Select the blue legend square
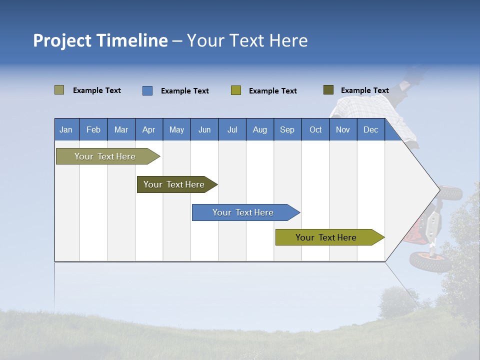click(x=147, y=90)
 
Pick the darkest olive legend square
click(x=328, y=90)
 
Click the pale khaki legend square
click(x=59, y=90)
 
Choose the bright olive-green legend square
click(x=236, y=90)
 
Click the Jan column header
click(x=66, y=130)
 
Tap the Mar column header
click(x=121, y=130)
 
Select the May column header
click(x=176, y=130)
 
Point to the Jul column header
click(x=232, y=130)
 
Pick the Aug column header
click(x=259, y=130)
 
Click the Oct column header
click(x=315, y=130)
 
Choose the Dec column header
click(x=370, y=130)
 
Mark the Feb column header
click(x=93, y=130)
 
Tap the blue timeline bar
click(x=244, y=212)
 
